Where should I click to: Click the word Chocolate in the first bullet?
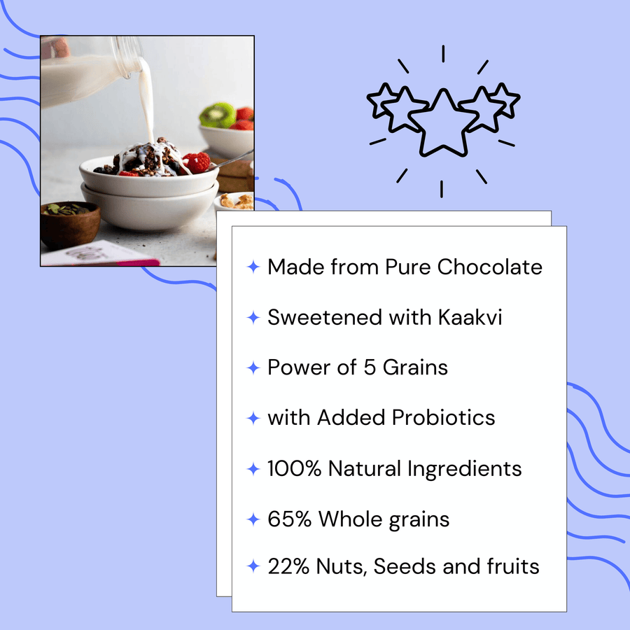pos(490,267)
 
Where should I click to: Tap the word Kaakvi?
pos(470,317)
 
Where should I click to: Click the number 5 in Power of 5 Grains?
pos(370,367)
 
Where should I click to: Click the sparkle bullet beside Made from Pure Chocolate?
pos(253,267)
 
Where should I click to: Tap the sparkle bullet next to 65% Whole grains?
pos(253,519)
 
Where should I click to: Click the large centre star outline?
pos(442,124)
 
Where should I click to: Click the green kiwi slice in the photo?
pos(218,115)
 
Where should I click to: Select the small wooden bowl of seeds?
pos(69,223)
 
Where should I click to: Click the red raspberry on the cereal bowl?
pos(197,162)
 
